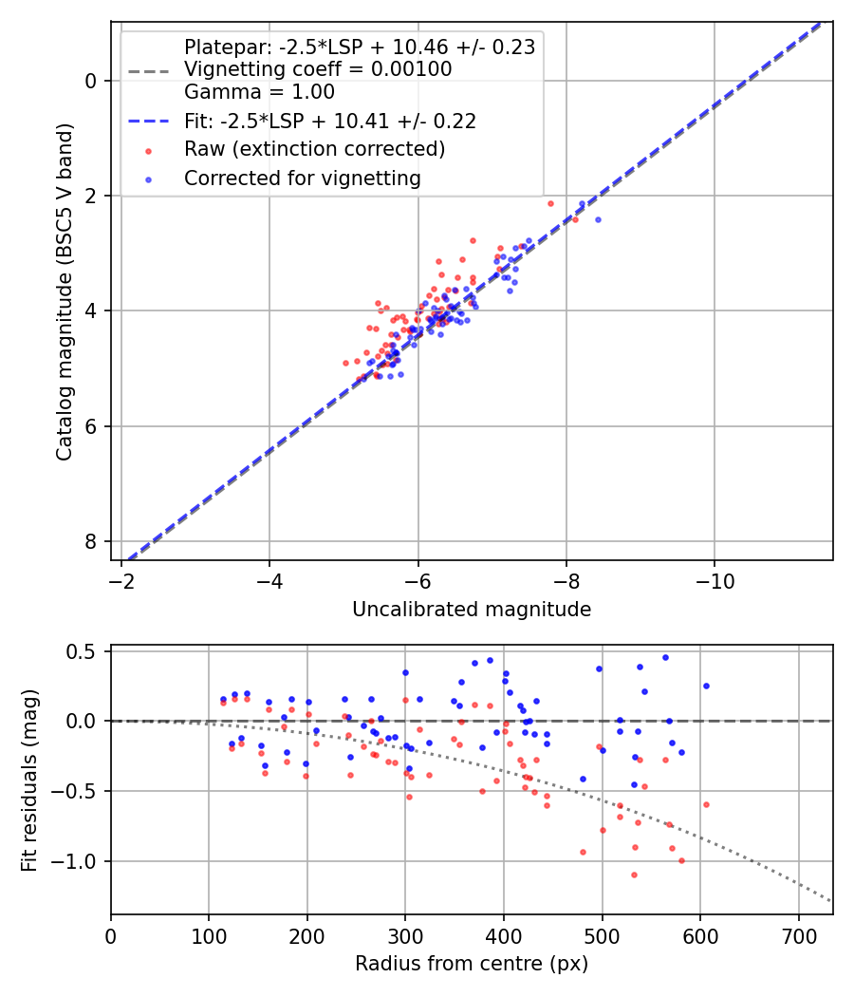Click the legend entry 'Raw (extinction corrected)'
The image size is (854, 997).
[314, 149]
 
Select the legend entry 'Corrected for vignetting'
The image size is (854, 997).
[303, 178]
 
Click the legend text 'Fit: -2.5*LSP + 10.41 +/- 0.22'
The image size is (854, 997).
[329, 122]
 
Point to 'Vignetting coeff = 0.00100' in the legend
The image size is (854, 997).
[318, 69]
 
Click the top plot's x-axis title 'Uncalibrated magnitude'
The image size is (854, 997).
[472, 610]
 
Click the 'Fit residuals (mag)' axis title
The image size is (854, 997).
[29, 780]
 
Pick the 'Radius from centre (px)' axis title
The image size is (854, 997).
[472, 964]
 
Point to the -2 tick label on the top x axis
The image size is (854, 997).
[121, 580]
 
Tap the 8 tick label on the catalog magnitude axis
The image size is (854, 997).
[91, 541]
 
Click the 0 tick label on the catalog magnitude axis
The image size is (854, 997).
[91, 81]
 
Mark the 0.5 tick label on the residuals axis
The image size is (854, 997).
[85, 651]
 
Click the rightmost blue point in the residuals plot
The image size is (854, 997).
[706, 686]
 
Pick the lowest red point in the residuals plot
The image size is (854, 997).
[634, 875]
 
